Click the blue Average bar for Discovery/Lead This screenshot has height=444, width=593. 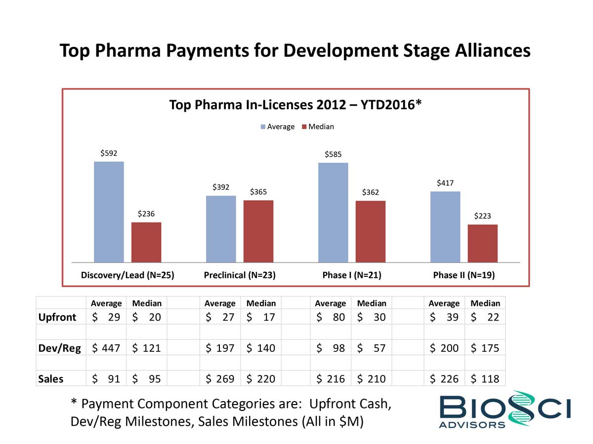click(x=109, y=212)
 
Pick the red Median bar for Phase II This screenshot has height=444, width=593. click(x=482, y=243)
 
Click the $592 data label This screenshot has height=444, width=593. click(x=109, y=153)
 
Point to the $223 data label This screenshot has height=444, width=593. click(x=482, y=216)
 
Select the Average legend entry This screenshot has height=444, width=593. click(x=277, y=127)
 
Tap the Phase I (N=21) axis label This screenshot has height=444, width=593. click(x=351, y=276)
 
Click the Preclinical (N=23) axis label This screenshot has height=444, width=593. click(x=239, y=276)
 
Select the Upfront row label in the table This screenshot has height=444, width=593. click(x=57, y=317)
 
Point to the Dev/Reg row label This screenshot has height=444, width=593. click(x=60, y=348)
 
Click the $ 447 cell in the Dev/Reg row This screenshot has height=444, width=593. click(x=106, y=348)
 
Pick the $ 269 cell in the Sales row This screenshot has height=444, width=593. click(x=219, y=379)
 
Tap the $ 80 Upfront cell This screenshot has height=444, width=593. click(x=330, y=317)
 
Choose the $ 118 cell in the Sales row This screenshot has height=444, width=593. click(x=485, y=379)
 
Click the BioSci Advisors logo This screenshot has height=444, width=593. click(x=505, y=409)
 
